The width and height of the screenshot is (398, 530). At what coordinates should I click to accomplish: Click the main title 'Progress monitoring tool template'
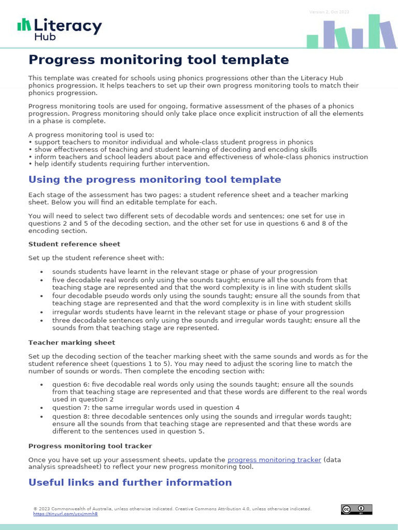[x=159, y=60]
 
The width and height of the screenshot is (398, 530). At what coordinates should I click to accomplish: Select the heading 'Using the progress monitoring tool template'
[x=154, y=180]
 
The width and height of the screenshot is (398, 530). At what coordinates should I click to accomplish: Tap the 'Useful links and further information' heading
[x=130, y=482]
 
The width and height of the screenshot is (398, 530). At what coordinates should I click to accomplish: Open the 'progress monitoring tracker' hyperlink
[x=274, y=460]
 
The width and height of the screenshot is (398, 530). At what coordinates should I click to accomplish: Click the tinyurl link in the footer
[x=65, y=514]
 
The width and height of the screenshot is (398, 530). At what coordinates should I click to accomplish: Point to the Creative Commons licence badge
[x=356, y=509]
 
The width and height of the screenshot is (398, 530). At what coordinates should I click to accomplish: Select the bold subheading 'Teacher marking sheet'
[x=72, y=343]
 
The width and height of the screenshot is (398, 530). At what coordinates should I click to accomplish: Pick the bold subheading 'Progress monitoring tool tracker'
[x=90, y=446]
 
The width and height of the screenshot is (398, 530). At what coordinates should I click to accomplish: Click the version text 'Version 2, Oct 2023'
[x=329, y=12]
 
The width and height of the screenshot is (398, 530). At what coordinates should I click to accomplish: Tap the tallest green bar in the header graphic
[x=374, y=31]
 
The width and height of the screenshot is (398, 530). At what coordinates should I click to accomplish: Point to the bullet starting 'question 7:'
[x=146, y=407]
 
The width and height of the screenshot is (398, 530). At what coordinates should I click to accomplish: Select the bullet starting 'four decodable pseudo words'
[x=206, y=299]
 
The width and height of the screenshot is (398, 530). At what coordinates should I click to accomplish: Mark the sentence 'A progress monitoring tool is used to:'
[x=88, y=135]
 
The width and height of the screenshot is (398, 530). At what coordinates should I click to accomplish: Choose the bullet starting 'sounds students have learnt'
[x=184, y=272]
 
